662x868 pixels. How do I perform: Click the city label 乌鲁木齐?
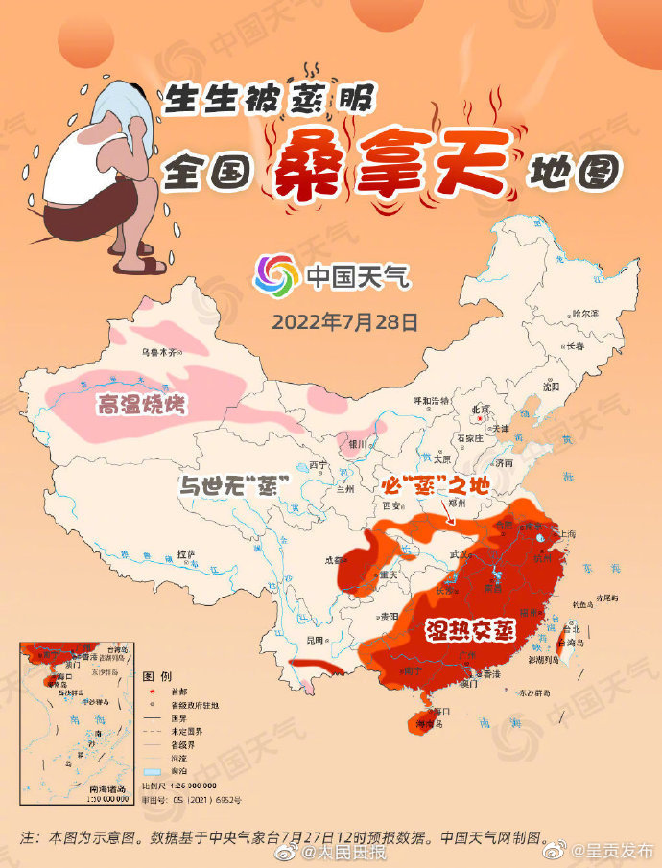[160, 353]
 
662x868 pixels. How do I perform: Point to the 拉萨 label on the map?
[187, 554]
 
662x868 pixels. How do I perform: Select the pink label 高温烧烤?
[140, 406]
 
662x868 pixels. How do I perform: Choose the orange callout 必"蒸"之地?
[431, 485]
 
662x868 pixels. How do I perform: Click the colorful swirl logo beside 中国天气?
[275, 276]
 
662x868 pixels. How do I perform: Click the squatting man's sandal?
[131, 265]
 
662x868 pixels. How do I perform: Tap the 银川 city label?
[356, 444]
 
